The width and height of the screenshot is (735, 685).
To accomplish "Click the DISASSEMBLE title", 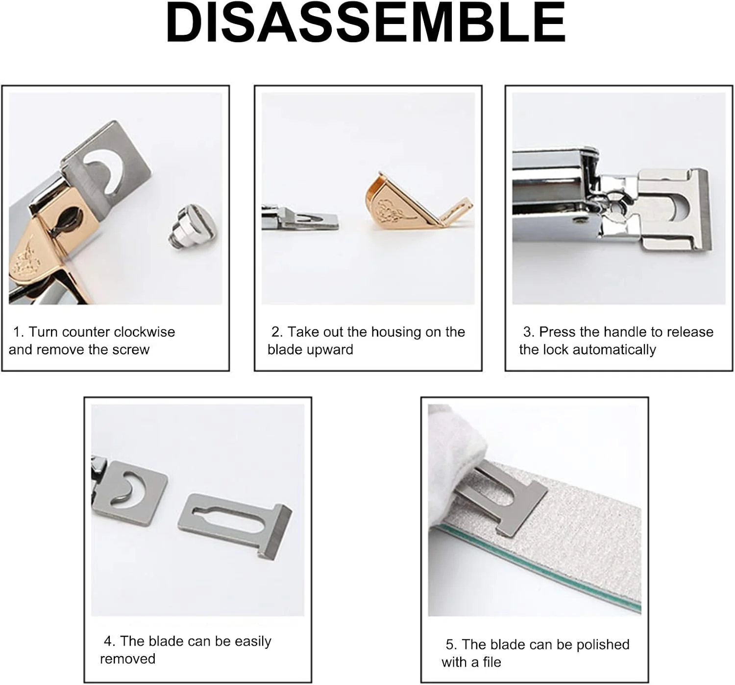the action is pos(366,23).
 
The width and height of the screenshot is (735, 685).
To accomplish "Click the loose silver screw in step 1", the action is pos(193,226).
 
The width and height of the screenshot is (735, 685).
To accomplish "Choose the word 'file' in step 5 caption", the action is pos(491,662).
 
